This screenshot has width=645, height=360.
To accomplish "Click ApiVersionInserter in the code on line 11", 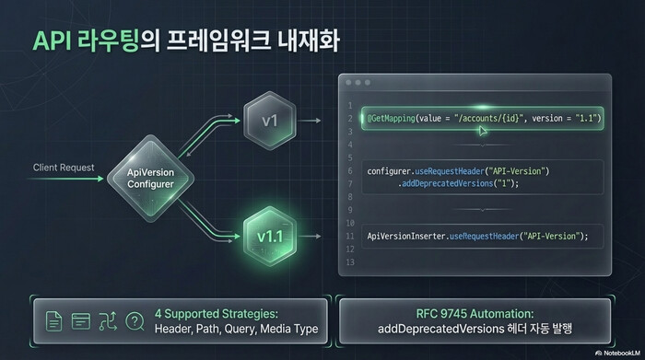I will click(x=406, y=237).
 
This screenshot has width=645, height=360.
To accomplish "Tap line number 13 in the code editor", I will click(x=349, y=263).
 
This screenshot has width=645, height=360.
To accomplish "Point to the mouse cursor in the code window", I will click(x=482, y=130).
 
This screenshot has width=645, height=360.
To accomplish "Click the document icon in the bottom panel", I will click(x=53, y=321).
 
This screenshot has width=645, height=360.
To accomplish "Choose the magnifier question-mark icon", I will click(x=135, y=321).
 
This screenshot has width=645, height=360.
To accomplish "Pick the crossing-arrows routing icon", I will click(x=108, y=321).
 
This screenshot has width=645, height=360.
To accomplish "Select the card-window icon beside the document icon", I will click(x=80, y=321).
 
